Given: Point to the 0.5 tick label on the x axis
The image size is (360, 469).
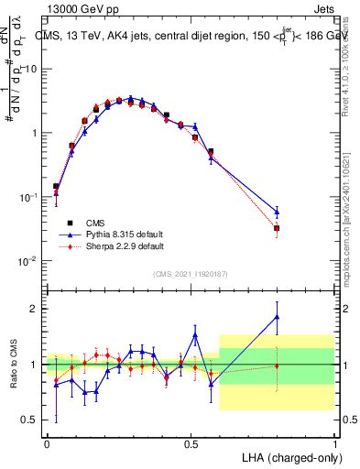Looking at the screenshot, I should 191,442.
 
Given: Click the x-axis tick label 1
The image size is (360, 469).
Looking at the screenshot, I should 334,442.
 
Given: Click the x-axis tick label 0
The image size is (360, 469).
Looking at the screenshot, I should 47,442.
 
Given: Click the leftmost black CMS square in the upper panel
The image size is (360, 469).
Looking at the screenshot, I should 56,187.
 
